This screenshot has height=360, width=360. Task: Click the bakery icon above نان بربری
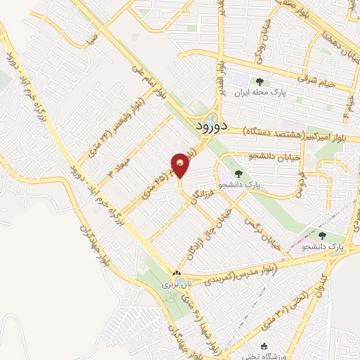[x=176, y=274]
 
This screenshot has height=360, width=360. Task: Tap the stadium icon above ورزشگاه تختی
[x=264, y=345]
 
